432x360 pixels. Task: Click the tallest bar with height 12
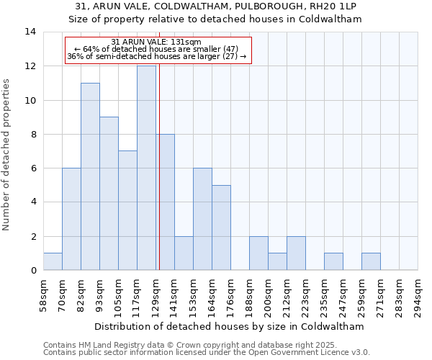click(x=146, y=168)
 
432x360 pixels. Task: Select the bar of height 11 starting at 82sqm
click(x=90, y=176)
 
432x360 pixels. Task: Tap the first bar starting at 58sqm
click(x=53, y=261)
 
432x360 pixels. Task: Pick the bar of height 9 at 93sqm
click(x=109, y=194)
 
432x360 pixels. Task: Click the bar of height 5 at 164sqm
click(x=221, y=228)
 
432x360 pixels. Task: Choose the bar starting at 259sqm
click(x=371, y=261)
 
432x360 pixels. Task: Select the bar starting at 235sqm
click(x=333, y=261)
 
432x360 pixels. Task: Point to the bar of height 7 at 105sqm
click(x=127, y=210)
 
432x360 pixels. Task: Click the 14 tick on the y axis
click(x=30, y=32)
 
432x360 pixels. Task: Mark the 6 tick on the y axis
click(x=33, y=168)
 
